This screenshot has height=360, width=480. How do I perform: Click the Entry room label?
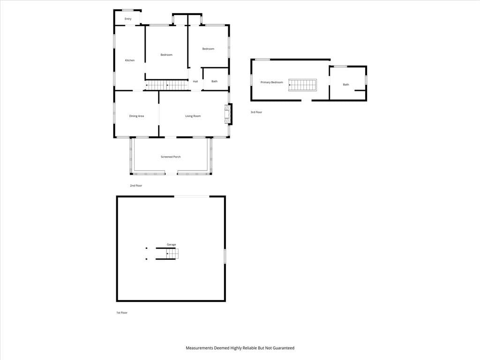128,19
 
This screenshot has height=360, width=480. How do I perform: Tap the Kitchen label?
130,60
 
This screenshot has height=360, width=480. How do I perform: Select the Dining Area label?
136,116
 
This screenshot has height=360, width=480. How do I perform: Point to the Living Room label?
193,116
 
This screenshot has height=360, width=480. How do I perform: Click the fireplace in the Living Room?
228,114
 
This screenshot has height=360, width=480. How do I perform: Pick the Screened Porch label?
171,157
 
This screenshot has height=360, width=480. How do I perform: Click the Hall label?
195,82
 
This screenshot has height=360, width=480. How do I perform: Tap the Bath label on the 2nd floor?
214,82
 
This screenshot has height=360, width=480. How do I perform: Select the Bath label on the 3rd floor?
346,84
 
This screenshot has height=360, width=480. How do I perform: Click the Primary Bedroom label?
272,82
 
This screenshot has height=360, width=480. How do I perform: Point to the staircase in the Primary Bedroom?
302,85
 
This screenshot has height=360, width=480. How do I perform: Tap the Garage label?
172,245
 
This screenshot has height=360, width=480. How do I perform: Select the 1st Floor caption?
122,313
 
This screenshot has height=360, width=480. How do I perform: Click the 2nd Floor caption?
136,186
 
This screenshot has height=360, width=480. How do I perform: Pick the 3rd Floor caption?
256,112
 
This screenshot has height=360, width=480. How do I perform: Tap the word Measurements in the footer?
199,348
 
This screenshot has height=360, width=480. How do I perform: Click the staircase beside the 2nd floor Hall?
166,85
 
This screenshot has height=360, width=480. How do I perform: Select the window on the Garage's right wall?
225,256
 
